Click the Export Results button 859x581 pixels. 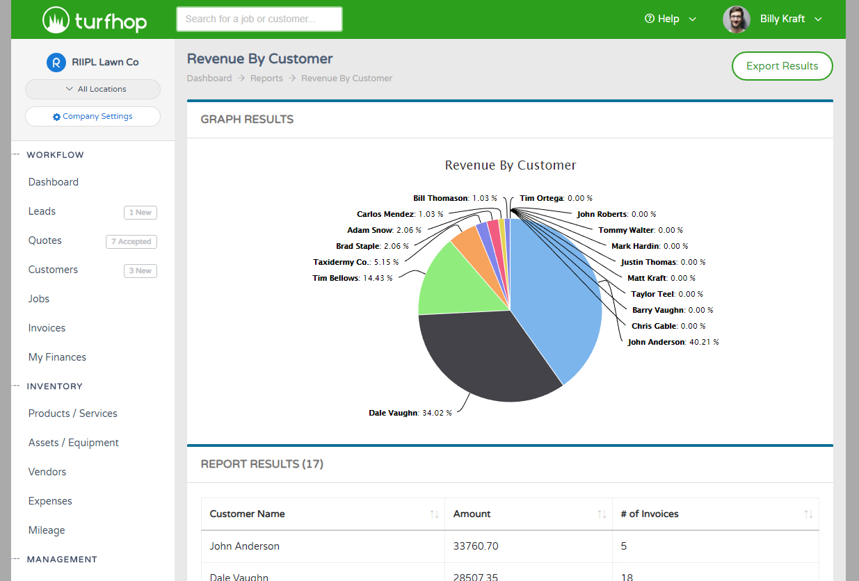(x=782, y=66)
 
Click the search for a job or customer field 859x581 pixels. (x=259, y=19)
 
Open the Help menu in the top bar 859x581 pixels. (x=671, y=19)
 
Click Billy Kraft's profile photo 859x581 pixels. (x=737, y=19)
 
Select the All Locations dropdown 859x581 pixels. (x=93, y=89)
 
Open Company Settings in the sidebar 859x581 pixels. (x=93, y=117)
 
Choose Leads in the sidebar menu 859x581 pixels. (x=42, y=211)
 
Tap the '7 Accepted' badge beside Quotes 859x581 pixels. (x=131, y=242)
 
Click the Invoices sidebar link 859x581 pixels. (x=47, y=328)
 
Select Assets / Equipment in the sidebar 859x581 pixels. (x=73, y=443)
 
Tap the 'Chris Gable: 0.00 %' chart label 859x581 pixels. (x=668, y=326)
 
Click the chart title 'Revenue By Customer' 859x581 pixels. (x=510, y=165)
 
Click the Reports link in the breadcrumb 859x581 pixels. (x=266, y=79)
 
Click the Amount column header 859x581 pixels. (x=472, y=514)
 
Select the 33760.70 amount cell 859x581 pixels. (x=476, y=546)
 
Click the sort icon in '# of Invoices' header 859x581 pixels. (x=808, y=514)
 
